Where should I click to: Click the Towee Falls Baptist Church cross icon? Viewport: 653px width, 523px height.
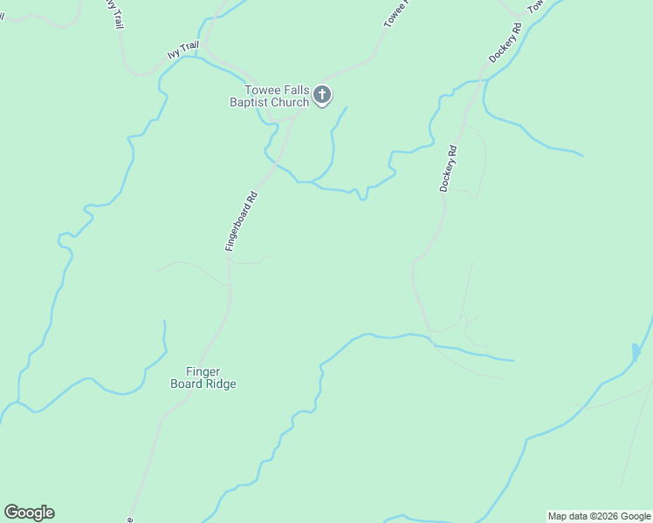point(322,95)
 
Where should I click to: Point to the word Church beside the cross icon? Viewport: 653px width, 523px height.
point(290,103)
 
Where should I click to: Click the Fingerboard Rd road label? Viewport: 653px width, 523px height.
point(241,221)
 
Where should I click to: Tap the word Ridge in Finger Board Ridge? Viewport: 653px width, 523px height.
point(219,384)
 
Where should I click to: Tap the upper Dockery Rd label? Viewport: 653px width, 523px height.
point(505,42)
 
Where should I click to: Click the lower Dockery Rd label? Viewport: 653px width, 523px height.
point(449,169)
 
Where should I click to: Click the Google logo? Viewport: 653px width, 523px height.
point(29,513)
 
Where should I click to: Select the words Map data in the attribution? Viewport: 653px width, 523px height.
point(567,516)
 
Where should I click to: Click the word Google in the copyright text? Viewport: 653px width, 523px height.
point(636,516)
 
